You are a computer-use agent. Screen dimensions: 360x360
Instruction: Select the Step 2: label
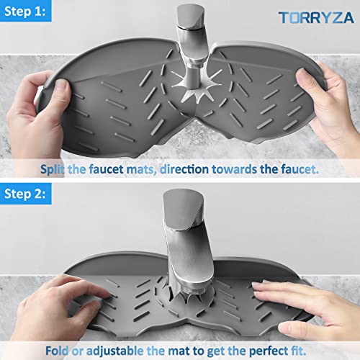(x=30, y=194)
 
